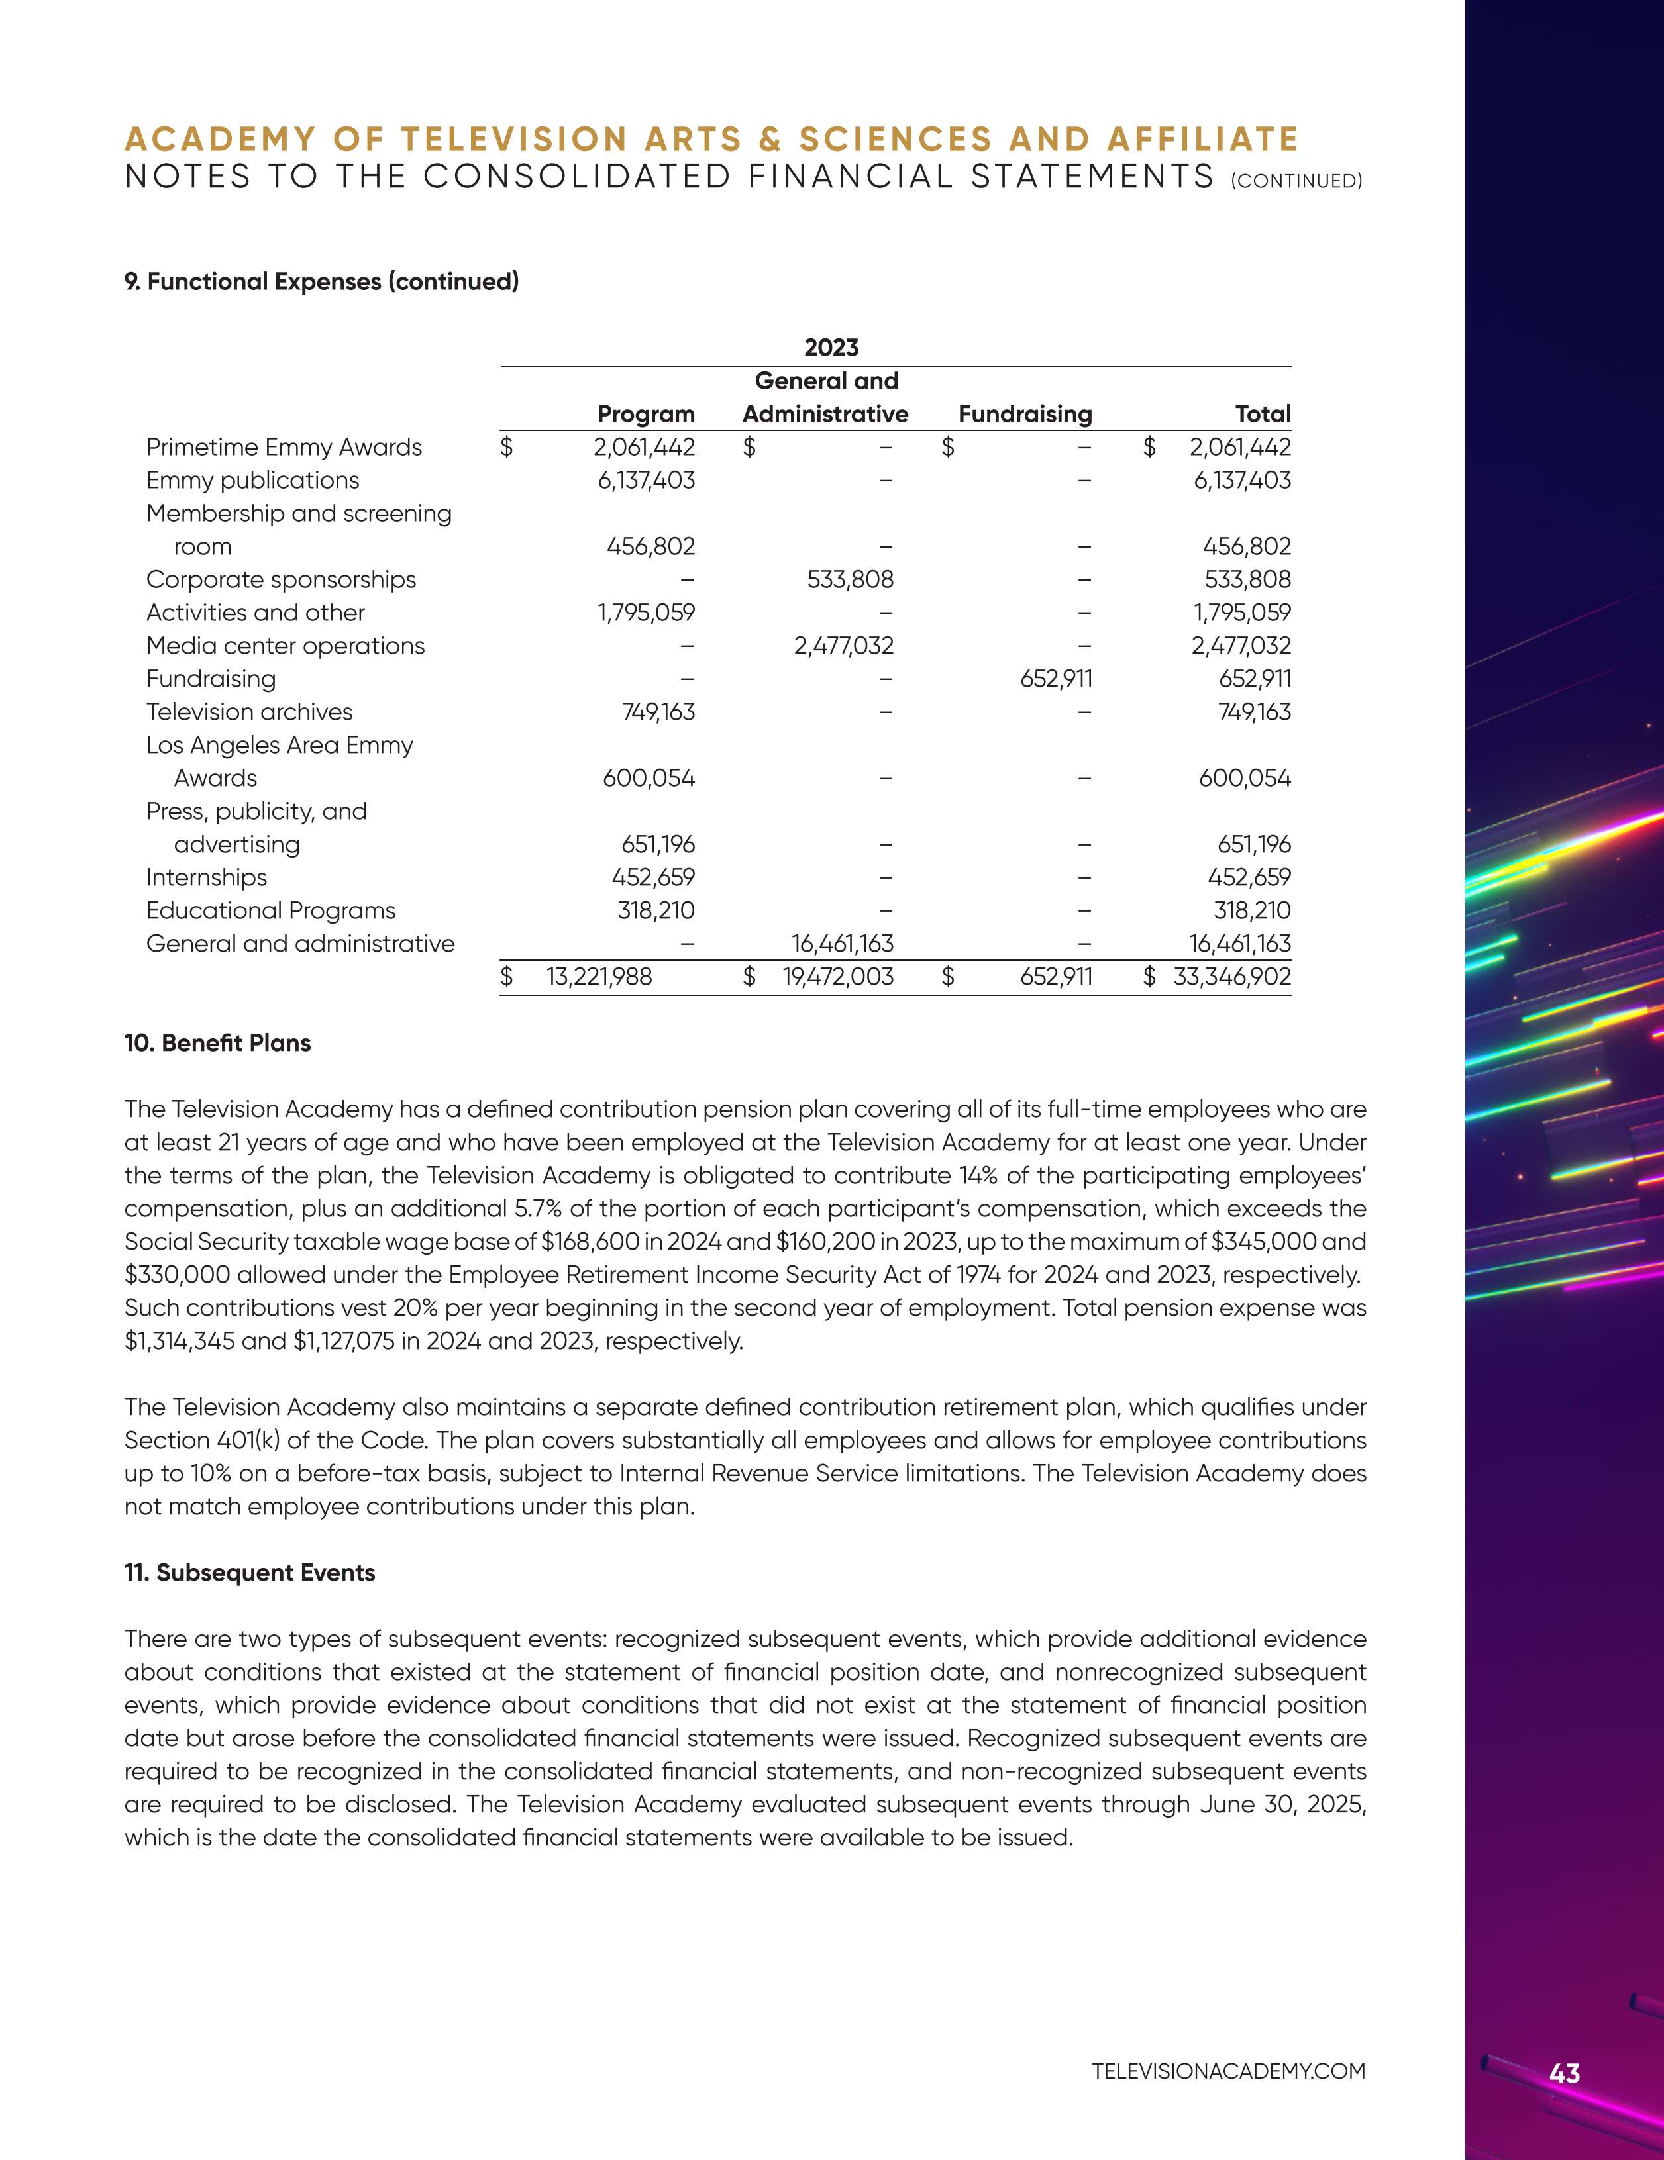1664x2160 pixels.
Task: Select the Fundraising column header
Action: click(1025, 415)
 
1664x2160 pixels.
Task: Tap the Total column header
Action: click(1263, 415)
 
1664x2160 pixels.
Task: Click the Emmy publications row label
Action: click(252, 481)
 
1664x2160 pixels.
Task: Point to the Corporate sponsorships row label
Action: click(281, 579)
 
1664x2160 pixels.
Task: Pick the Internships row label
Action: click(207, 877)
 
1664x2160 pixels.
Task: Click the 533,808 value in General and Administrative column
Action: click(850, 579)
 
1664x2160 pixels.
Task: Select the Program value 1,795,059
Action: click(646, 613)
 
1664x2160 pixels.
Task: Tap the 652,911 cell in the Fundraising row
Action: click(1056, 679)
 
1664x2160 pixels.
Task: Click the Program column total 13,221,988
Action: click(599, 977)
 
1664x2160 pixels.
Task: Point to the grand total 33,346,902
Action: click(1231, 977)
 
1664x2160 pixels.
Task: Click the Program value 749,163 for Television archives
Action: click(658, 712)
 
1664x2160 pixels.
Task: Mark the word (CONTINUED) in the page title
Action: click(1297, 181)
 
